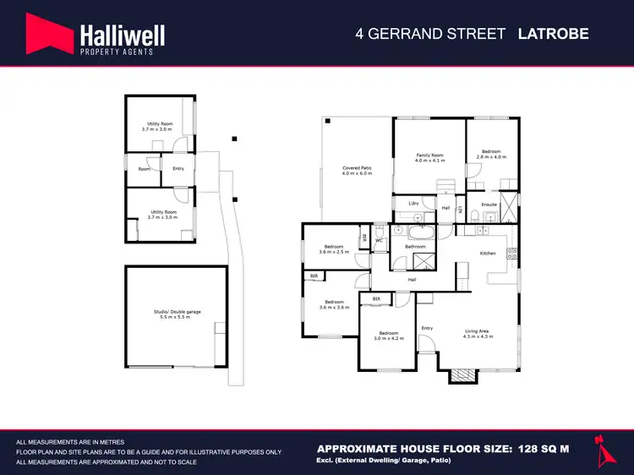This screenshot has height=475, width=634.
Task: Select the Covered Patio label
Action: coord(357,168)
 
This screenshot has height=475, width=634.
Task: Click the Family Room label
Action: coord(429,156)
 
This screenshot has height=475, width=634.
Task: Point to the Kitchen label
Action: coord(488,254)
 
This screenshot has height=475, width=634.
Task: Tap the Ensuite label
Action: coord(489,205)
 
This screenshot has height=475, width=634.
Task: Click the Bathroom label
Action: coord(415,246)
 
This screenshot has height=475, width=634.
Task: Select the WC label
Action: coord(380,241)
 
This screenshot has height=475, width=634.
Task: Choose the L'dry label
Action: coord(413,204)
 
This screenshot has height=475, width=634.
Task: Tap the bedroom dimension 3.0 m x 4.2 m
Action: coord(390,338)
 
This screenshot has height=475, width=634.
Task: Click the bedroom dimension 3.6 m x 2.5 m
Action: coord(334,252)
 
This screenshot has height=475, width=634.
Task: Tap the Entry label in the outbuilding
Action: coord(178,168)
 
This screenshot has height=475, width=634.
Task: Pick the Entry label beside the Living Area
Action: coord(428,328)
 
